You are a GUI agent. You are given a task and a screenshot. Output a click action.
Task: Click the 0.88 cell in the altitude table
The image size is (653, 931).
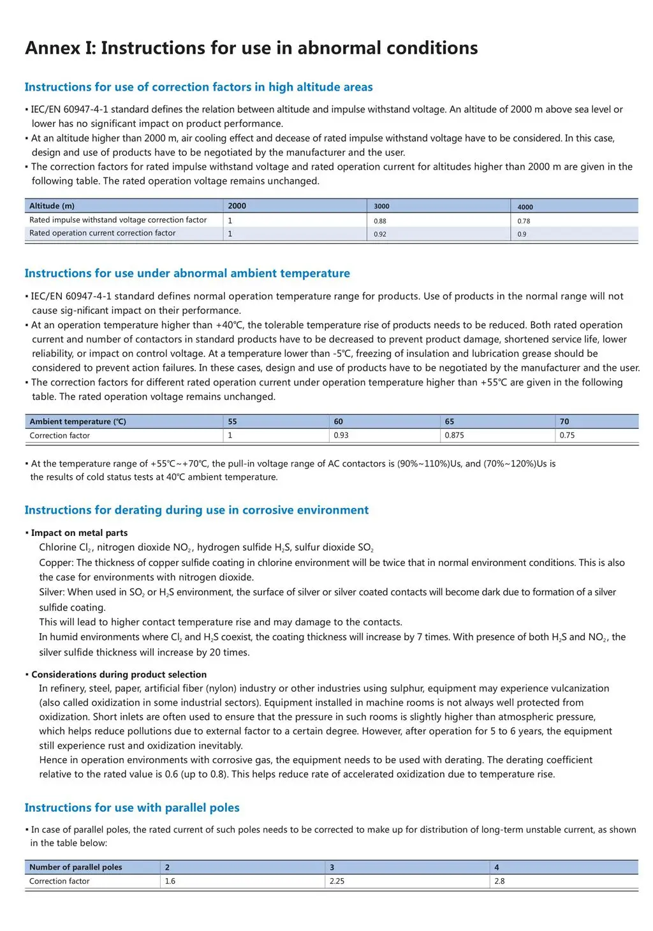[380, 221]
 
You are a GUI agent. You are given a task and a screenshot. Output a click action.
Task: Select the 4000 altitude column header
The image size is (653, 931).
[525, 207]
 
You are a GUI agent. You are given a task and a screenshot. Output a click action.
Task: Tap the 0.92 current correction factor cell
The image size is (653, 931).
[380, 234]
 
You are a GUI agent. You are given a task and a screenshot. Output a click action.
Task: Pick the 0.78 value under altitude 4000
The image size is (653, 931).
[524, 221]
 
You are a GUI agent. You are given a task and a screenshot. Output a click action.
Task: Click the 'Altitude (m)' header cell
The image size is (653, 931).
[52, 205]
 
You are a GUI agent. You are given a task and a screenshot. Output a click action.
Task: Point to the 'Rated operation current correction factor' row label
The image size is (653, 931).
[102, 233]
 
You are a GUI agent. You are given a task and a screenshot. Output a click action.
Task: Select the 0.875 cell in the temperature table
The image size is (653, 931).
[454, 435]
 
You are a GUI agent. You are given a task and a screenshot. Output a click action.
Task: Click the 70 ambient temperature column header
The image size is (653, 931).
[564, 421]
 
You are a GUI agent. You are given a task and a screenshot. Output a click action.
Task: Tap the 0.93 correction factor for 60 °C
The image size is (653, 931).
[341, 435]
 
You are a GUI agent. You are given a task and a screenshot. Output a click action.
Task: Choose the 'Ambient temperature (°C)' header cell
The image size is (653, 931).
[78, 421]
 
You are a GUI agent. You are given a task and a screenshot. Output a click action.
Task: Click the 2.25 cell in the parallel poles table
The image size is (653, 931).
[337, 881]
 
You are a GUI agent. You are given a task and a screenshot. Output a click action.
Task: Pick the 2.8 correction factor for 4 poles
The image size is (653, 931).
[499, 881]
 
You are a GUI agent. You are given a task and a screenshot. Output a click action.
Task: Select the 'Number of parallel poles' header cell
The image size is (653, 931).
[75, 867]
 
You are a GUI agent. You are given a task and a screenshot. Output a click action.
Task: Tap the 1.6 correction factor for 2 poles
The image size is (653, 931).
[170, 881]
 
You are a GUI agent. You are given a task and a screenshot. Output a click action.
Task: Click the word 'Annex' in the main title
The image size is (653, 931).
[52, 48]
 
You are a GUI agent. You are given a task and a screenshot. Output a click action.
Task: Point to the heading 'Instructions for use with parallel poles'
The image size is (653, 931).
[132, 807]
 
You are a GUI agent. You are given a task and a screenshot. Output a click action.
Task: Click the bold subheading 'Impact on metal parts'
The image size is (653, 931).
[79, 532]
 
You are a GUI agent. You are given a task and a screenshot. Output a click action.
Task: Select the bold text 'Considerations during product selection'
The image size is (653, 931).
[119, 674]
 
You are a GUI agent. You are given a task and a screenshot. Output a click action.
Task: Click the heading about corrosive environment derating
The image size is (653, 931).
[196, 510]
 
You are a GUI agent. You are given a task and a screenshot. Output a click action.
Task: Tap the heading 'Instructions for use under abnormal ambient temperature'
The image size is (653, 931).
[187, 273]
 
